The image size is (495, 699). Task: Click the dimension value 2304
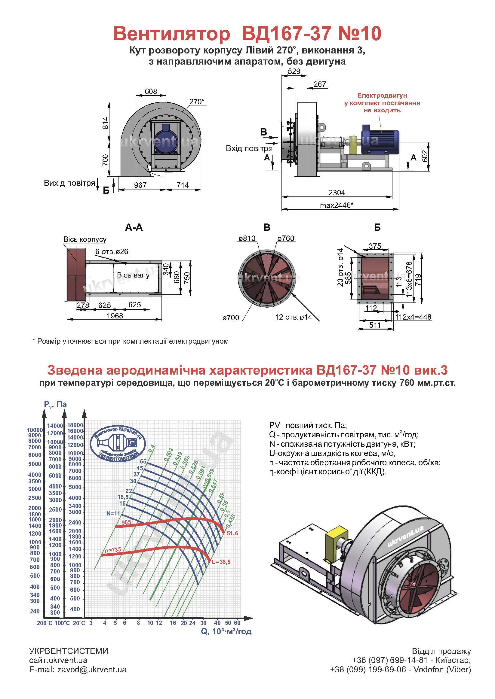(337, 193)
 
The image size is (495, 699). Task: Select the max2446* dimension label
(337, 205)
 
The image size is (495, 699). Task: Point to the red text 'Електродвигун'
(382, 96)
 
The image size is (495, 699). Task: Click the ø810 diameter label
(247, 239)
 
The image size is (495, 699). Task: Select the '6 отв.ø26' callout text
(112, 251)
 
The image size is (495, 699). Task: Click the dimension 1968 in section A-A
(115, 316)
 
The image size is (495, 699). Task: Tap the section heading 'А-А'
(134, 227)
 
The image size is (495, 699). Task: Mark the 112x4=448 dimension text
(413, 317)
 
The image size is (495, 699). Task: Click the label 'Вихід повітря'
(69, 183)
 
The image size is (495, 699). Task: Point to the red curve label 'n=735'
(113, 550)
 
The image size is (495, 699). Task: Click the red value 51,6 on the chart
(232, 533)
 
